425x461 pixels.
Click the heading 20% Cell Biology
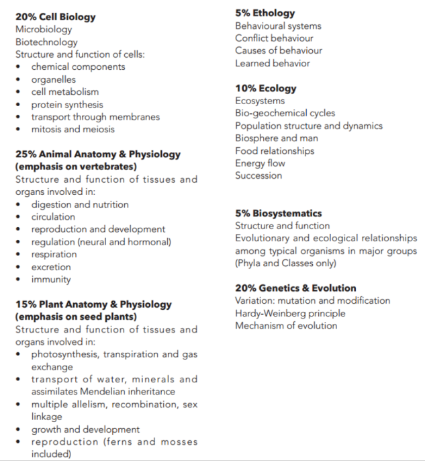coord(55,17)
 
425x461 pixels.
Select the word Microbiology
coord(44,30)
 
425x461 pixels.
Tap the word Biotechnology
coord(46,42)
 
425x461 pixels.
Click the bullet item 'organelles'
coord(54,79)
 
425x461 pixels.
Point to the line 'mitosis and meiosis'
coord(73,129)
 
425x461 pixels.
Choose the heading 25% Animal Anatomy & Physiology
coord(98,154)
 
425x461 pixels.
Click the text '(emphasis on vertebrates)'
coord(76,166)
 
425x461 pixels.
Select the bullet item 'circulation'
coord(53,217)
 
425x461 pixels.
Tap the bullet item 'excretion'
coord(51,267)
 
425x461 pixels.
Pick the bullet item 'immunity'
coord(51,280)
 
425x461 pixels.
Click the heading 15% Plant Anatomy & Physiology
coord(93,304)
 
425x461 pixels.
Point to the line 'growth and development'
coord(85,429)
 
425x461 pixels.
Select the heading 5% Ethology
coord(265,13)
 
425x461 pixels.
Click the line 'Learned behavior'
coord(273,63)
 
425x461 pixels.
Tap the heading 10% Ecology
coord(265,88)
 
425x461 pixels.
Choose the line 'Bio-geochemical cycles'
coord(285,113)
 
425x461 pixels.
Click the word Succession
coord(258,175)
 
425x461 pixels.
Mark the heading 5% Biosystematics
coord(278,213)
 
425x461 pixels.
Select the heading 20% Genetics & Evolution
coord(295,288)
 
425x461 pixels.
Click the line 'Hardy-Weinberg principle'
coord(290,313)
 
